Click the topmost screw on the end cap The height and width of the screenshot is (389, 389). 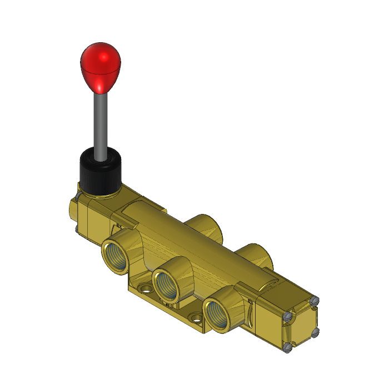(x=315, y=301)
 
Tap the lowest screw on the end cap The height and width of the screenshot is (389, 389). (x=288, y=348)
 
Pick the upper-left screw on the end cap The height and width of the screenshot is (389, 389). (x=287, y=316)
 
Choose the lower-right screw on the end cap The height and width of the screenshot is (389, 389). (x=316, y=332)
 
